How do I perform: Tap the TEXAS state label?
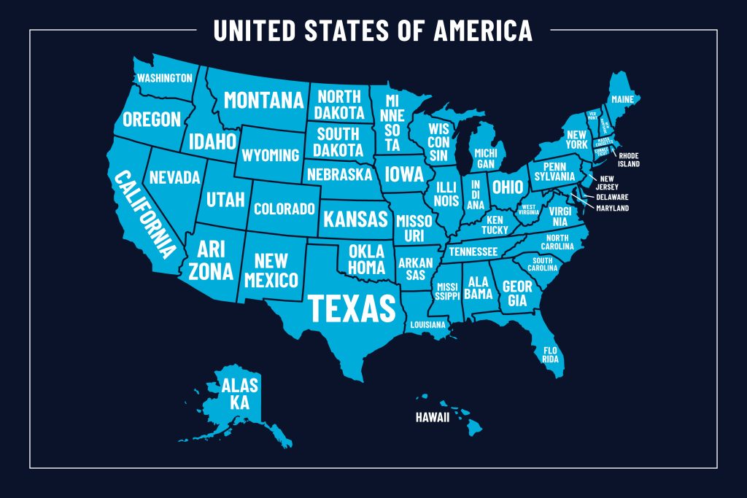tap(352, 308)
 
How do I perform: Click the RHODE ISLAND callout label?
tap(629, 160)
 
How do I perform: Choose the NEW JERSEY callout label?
tap(609, 182)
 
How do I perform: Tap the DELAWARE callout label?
tap(612, 197)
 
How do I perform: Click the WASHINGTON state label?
tap(165, 78)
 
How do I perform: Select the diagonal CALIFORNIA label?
tap(145, 214)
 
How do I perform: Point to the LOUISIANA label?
tap(427, 324)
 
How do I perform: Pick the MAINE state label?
tap(622, 98)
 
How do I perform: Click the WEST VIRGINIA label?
tap(530, 209)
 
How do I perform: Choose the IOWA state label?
tap(403, 174)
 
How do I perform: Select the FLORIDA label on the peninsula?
tap(550, 355)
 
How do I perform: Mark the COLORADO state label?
tap(284, 209)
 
